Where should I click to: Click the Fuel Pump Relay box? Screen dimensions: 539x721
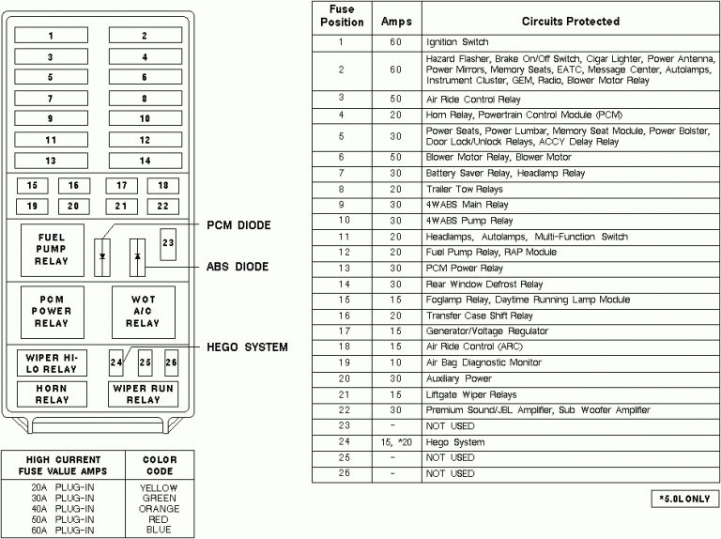(52, 250)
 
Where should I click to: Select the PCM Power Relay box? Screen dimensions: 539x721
(52, 311)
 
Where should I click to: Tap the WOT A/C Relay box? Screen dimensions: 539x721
(143, 311)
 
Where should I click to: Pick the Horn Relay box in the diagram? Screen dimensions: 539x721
(52, 393)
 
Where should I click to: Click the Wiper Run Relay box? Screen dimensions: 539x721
(143, 393)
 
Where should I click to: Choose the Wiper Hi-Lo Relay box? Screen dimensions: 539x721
(52, 362)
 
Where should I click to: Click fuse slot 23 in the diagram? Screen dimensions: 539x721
(168, 243)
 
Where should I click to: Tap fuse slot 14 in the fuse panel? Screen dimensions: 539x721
(144, 161)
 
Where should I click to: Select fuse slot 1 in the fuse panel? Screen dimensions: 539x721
(51, 37)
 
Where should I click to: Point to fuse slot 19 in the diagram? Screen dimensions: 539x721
(33, 206)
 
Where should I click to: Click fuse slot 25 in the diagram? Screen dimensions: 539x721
(145, 362)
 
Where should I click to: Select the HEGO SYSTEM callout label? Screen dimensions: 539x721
(248, 347)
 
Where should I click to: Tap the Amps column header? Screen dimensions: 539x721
(396, 20)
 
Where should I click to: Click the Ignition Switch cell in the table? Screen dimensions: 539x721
(458, 43)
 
